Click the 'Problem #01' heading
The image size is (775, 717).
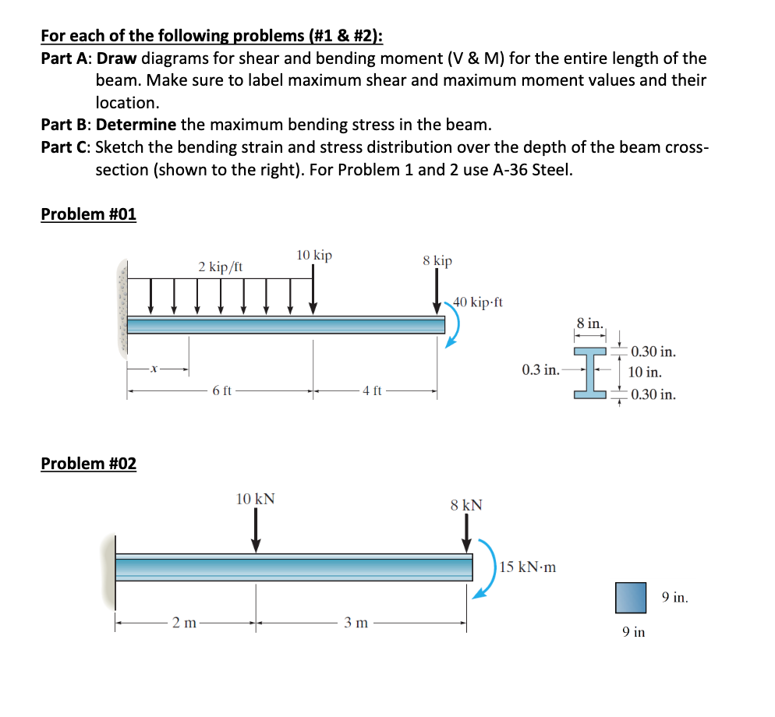[x=88, y=214]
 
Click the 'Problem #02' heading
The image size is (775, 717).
[x=88, y=464]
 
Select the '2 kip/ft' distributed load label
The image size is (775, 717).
[x=220, y=267]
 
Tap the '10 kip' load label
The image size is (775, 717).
[x=313, y=255]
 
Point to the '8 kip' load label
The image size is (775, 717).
[x=437, y=260]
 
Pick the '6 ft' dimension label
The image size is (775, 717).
[x=221, y=390]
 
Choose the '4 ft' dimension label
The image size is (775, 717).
[x=373, y=390]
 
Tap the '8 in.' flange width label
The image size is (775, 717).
[x=589, y=323]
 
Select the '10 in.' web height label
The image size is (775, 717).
[x=645, y=373]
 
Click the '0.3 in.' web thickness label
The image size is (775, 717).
[x=540, y=369]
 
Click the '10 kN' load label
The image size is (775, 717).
[x=255, y=499]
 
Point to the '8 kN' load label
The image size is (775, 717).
[x=466, y=505]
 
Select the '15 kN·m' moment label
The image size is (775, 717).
[x=528, y=567]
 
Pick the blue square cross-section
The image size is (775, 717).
[x=631, y=597]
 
